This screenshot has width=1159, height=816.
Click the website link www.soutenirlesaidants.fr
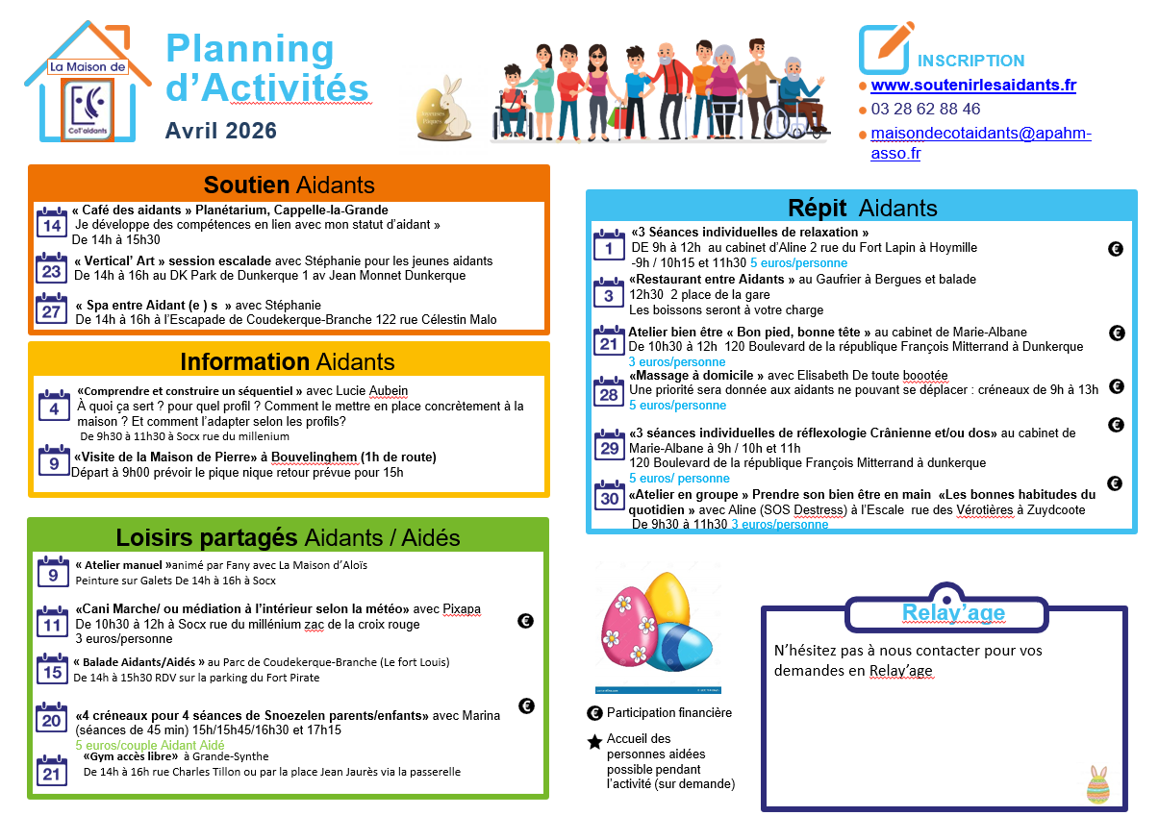coord(972,86)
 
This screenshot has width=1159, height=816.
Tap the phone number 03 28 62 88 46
coord(925,110)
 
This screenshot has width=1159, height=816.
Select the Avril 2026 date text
coord(220,131)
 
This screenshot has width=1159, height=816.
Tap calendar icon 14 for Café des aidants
coord(51,224)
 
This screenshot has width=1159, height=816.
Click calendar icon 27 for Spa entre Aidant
coord(51,311)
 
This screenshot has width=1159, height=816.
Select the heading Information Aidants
coord(288,361)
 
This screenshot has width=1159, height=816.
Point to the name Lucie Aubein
coord(370,391)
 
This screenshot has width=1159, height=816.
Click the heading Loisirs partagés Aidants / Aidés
coord(288,537)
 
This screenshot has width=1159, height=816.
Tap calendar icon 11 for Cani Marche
coord(51,624)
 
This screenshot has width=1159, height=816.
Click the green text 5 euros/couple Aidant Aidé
coord(150,745)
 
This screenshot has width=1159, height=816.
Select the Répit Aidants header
coord(862,208)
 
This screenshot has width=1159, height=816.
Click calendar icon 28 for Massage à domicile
coord(609,393)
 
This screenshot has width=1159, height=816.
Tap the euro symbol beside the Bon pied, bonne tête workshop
coord(1117,333)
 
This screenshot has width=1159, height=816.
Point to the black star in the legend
coord(594,742)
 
